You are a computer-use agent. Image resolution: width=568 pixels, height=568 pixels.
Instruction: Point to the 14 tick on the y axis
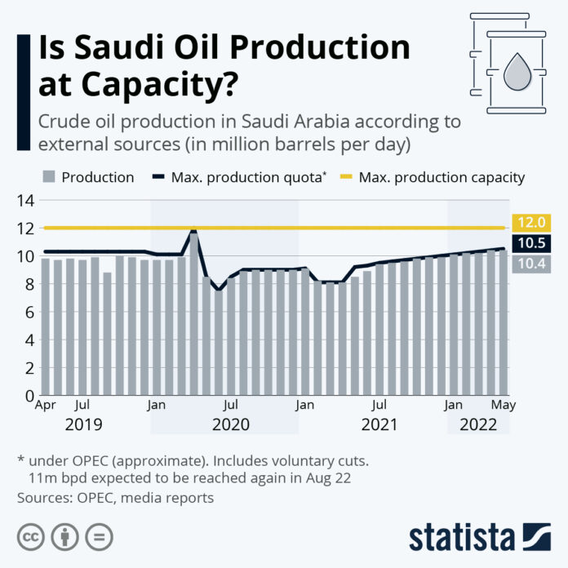[x=23, y=201]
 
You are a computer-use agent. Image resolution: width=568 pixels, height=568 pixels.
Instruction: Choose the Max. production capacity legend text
[x=442, y=177]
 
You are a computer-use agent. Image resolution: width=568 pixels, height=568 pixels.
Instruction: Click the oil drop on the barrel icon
[x=516, y=73]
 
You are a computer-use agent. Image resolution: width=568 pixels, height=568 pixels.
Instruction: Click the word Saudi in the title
[x=119, y=48]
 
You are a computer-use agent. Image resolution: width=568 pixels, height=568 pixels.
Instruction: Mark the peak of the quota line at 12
[x=193, y=232]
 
